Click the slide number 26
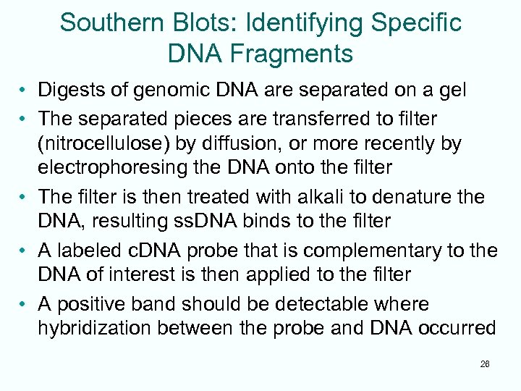[485, 364]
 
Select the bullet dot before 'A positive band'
[25, 303]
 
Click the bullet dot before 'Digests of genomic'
[25, 91]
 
